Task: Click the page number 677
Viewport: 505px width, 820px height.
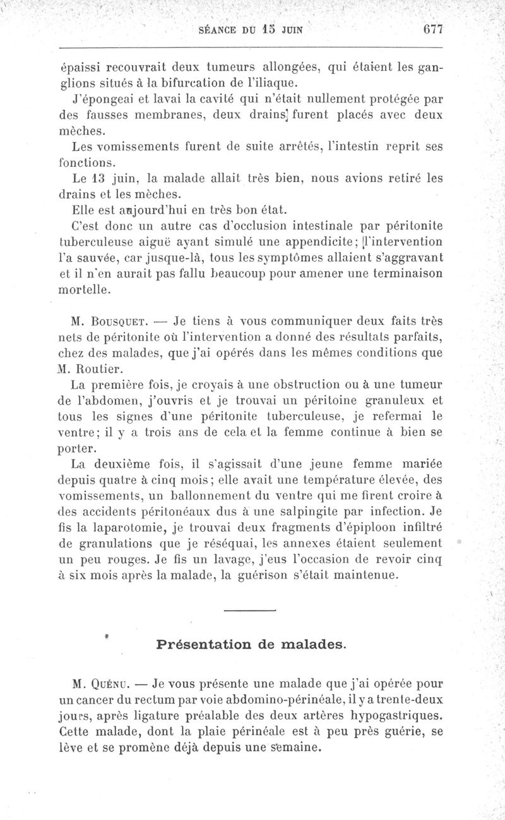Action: (x=434, y=29)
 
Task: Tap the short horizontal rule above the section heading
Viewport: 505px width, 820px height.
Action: (x=251, y=609)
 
